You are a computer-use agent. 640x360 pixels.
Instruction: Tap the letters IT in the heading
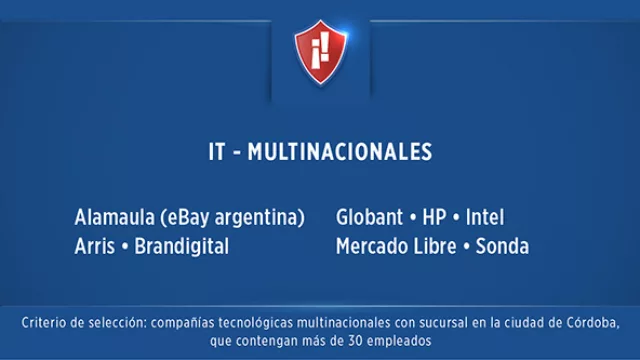(x=215, y=152)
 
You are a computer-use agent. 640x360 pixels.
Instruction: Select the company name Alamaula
(x=112, y=217)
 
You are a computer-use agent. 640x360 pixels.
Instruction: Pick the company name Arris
(x=94, y=246)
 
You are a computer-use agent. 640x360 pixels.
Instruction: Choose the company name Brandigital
(x=181, y=246)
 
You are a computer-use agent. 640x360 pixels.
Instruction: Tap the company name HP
(x=434, y=217)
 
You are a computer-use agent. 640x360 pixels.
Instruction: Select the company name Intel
(x=485, y=217)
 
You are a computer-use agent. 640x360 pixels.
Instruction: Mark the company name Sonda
(x=502, y=246)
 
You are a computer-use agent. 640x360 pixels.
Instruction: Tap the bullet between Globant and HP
(x=411, y=217)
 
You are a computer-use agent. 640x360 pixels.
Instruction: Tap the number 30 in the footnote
(x=349, y=341)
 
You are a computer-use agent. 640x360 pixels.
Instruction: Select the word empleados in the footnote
(x=397, y=341)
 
